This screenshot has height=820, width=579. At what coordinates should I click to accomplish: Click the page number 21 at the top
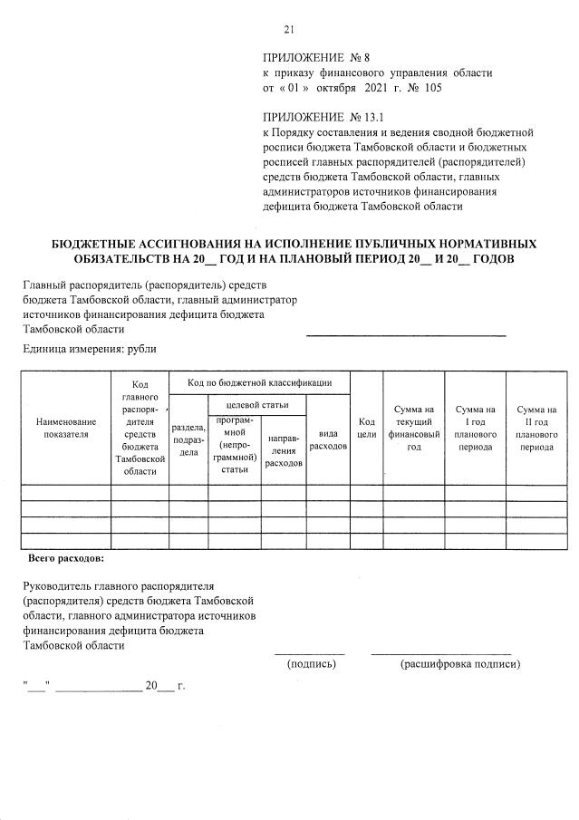(x=289, y=30)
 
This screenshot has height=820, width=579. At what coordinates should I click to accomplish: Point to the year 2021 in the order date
(x=375, y=88)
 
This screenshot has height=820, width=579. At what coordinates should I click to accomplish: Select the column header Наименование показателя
(x=65, y=428)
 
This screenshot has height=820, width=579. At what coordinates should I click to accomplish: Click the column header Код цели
(x=366, y=428)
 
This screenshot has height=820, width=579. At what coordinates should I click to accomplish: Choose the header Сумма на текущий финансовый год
(x=413, y=428)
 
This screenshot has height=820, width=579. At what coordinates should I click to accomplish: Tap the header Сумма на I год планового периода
(x=475, y=428)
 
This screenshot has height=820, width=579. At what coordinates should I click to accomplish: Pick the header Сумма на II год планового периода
(x=536, y=428)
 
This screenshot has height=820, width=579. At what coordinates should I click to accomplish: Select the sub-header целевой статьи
(x=256, y=404)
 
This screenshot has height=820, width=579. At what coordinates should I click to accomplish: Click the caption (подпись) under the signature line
(x=311, y=664)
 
